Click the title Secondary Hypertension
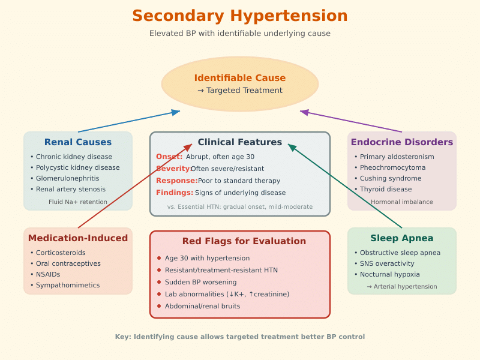[240, 16]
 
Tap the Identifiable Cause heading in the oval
[240, 78]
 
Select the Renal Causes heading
[78, 142]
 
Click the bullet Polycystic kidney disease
[77, 167]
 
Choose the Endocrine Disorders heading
[402, 142]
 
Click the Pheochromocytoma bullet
[392, 167]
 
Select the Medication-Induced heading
[78, 238]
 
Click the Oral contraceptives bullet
[68, 263]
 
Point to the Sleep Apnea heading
[402, 238]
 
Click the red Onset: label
[169, 157]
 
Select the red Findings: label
[175, 193]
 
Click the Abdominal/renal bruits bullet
[202, 306]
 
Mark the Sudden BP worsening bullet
[200, 282]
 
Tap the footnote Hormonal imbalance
[402, 202]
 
